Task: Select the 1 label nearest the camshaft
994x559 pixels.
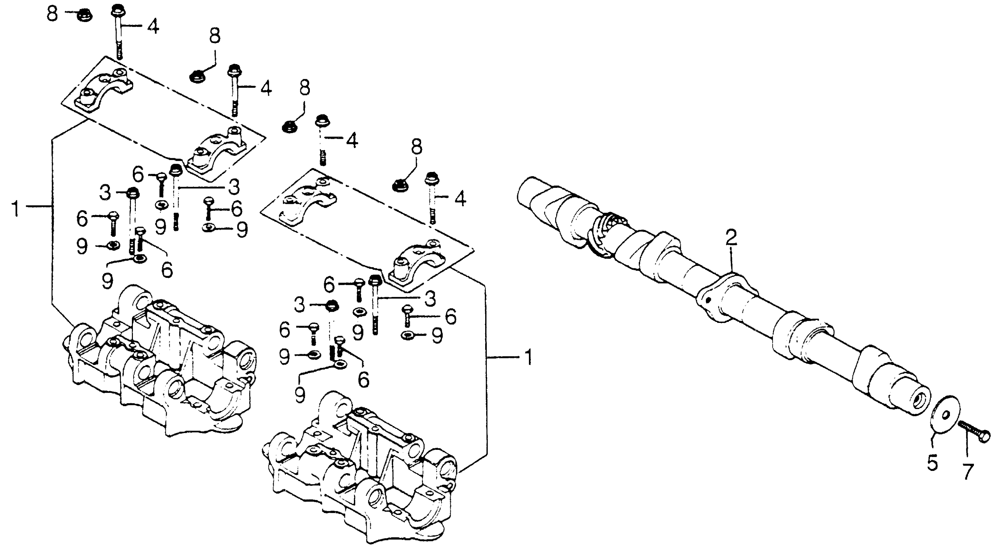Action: click(x=528, y=358)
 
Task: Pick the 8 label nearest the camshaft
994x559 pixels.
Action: click(x=416, y=147)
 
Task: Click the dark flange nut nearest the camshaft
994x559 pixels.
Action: click(x=399, y=185)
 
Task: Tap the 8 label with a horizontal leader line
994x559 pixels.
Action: click(x=53, y=14)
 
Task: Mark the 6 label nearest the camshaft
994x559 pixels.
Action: click(x=450, y=316)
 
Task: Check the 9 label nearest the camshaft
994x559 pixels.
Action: click(x=437, y=336)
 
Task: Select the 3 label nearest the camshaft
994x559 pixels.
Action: click(x=430, y=299)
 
